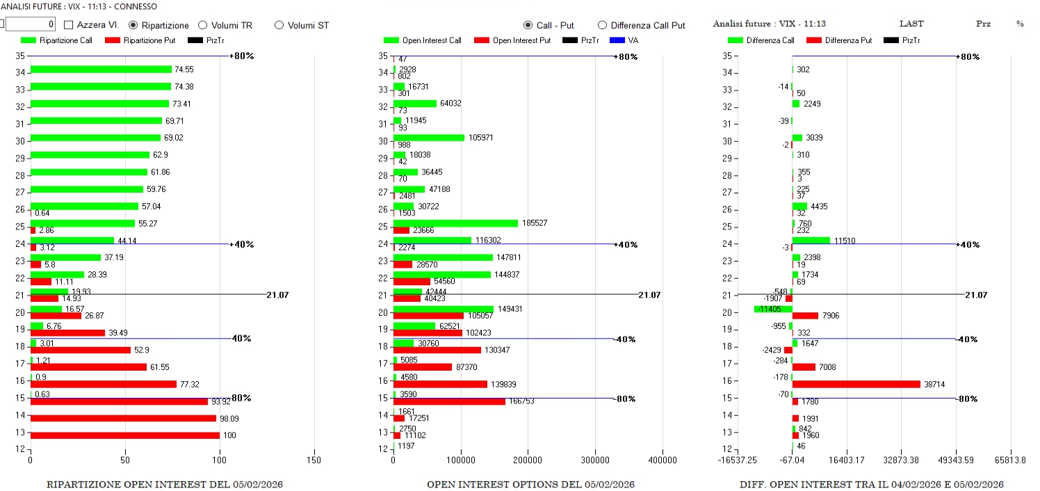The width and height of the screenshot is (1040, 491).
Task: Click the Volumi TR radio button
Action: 203,25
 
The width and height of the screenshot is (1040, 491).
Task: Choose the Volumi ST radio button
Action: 279,25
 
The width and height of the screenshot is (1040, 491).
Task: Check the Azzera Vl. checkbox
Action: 69,25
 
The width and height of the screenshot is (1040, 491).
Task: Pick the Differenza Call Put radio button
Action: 602,25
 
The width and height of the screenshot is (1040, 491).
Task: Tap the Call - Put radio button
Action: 528,25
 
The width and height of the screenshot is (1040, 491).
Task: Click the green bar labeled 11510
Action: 811,241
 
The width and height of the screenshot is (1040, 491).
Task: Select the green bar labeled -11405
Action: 773,309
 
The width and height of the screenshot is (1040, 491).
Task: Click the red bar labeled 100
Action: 125,435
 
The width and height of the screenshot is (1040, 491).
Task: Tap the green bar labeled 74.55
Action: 101,70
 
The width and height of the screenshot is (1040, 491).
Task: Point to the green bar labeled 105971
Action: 429,138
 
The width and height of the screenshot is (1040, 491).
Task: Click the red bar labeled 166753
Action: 449,401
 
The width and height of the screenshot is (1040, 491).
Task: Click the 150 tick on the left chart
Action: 314,460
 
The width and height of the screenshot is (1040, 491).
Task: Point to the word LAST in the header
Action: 911,24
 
